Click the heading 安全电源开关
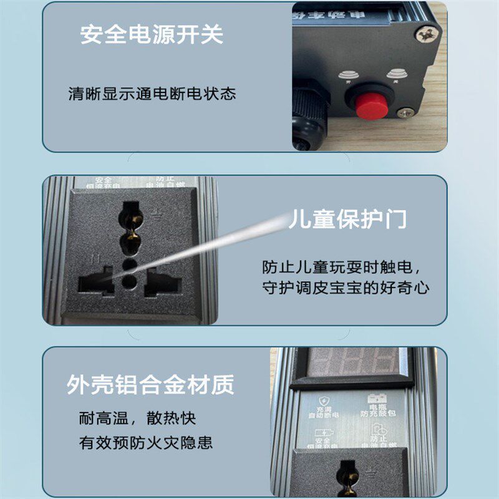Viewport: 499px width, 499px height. (x=151, y=35)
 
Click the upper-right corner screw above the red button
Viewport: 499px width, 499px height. (x=429, y=31)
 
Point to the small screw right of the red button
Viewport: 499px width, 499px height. (x=405, y=114)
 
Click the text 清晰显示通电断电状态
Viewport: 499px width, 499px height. (x=152, y=94)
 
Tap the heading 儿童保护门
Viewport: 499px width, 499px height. (x=347, y=220)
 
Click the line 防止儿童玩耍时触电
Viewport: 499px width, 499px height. (x=342, y=268)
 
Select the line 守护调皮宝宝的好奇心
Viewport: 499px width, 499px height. (x=346, y=288)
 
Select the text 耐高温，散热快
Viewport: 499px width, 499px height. (x=137, y=418)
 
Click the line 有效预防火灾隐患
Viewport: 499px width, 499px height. (x=146, y=443)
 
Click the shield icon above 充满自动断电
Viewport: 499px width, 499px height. (x=322, y=400)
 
